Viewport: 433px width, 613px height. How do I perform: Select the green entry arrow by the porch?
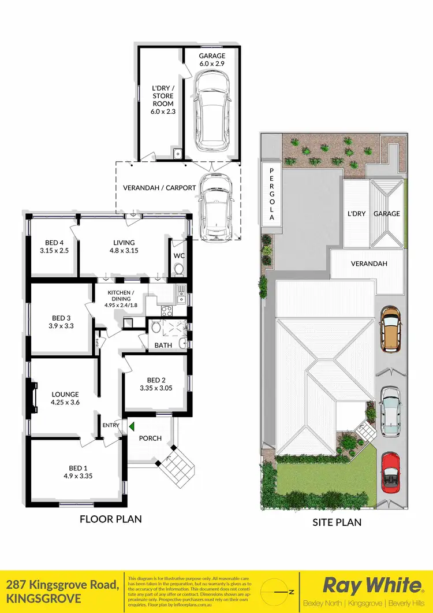point(132,427)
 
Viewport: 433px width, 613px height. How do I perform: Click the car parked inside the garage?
point(210,113)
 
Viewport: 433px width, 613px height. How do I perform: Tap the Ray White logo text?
point(371,585)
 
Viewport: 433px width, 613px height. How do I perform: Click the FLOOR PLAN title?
point(110,519)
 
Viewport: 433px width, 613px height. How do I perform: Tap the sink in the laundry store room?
point(178,154)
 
